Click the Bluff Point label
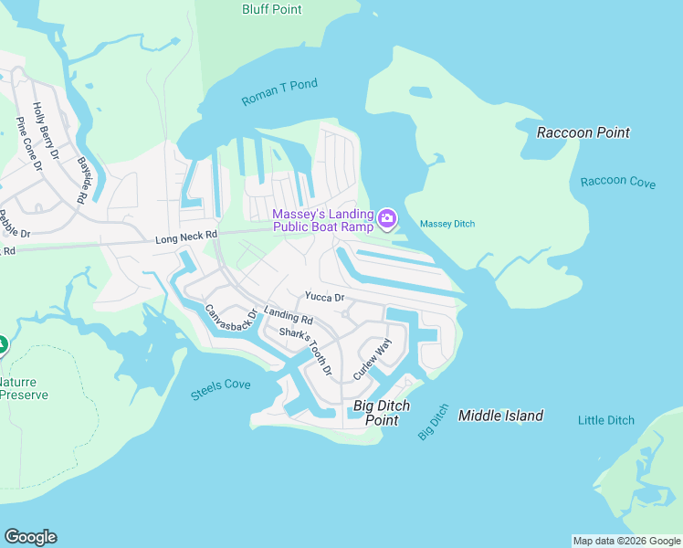pos(271,9)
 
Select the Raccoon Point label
pos(583,132)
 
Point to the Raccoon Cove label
pos(617,182)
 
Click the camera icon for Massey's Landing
pos(387,218)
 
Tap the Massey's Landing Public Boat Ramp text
pos(322,220)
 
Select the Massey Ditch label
pos(447,224)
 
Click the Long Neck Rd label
pos(186,236)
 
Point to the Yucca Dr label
pos(324,297)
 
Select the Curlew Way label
pos(372,359)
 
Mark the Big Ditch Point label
pos(388,413)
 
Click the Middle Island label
pos(500,416)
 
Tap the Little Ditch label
pos(605,420)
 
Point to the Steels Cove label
pos(220,390)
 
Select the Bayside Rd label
pos(82,181)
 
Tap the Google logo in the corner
pos(30,537)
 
